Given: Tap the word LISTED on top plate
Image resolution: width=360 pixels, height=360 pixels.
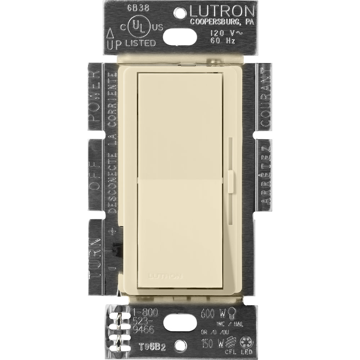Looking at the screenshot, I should coord(141,43).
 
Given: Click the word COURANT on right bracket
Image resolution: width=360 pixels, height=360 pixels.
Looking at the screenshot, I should coord(265,97).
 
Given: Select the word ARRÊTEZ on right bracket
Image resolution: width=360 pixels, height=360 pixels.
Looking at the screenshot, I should coord(266,178).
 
